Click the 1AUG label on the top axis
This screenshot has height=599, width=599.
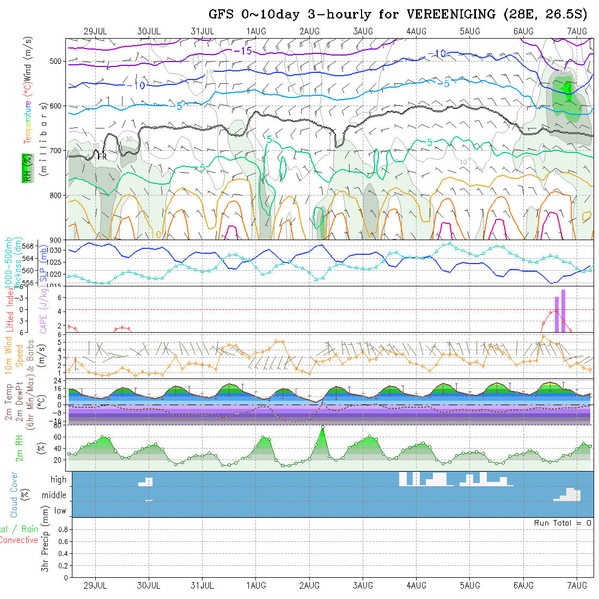256,31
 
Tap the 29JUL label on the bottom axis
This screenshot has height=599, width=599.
95,585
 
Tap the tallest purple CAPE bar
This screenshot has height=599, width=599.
563,310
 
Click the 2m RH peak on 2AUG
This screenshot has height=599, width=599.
322,427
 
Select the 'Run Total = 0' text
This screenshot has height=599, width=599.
563,523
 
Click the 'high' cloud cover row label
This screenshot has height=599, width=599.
58,480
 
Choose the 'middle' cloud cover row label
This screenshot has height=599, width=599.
54,496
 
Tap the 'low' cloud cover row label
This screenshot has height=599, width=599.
60,511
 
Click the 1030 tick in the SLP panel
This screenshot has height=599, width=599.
58,250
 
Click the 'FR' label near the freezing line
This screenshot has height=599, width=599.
102,156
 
